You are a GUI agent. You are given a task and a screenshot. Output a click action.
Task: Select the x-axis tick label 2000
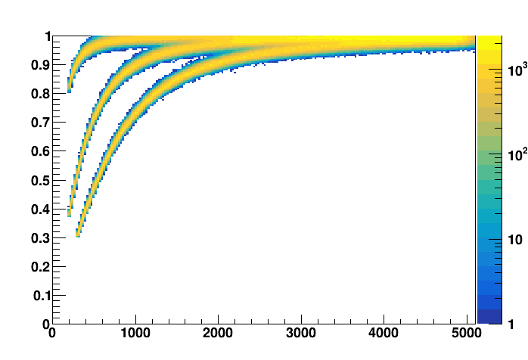218,333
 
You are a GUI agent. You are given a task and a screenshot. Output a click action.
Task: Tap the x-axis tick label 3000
301,333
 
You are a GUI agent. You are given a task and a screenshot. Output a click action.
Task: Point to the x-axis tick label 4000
384,333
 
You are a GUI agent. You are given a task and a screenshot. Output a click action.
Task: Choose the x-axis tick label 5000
467,333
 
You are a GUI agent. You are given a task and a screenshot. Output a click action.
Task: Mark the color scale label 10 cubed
517,70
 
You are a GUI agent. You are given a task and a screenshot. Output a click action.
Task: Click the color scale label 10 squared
517,156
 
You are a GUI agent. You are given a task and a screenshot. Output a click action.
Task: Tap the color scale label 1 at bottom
512,324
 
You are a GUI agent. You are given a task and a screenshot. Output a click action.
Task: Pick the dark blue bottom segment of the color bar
489,317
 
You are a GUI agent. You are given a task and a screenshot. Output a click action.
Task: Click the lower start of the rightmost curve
78,235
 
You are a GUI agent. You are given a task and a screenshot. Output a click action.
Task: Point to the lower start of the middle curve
70,214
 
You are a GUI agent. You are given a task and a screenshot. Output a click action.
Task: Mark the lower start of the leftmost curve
69,90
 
